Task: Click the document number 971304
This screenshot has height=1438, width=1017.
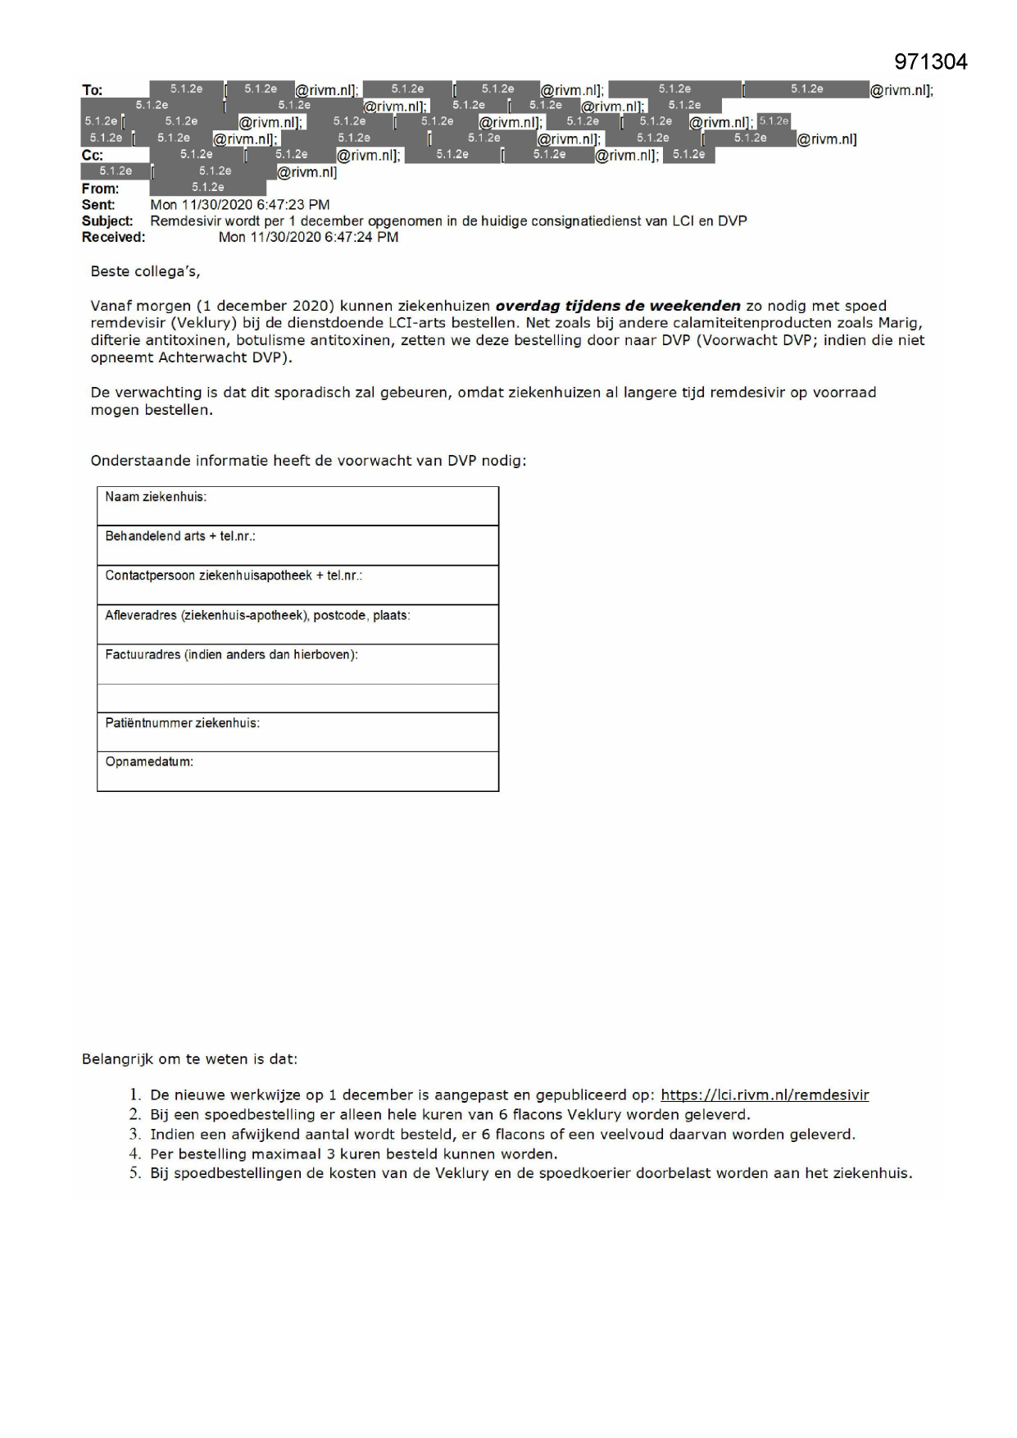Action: (930, 61)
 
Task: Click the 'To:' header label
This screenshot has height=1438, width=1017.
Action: (92, 90)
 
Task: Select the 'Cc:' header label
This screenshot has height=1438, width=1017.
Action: (92, 156)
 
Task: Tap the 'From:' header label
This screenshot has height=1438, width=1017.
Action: (100, 189)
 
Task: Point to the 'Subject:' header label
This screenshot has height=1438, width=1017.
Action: (107, 221)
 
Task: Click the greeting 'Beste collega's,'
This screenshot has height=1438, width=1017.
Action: (145, 271)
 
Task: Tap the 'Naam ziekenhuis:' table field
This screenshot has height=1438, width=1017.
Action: (156, 497)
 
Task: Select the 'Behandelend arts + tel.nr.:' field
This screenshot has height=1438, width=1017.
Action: (180, 536)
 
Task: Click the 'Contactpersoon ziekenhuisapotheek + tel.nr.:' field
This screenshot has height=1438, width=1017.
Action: (234, 576)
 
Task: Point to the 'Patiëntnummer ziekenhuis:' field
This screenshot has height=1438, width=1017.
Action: (182, 723)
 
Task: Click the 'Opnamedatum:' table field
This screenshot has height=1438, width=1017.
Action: (149, 762)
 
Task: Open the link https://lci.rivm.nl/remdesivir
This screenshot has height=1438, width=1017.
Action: (765, 1095)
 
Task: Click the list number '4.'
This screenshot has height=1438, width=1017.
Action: (135, 1154)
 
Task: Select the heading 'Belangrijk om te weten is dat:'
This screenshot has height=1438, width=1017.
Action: (189, 1059)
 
